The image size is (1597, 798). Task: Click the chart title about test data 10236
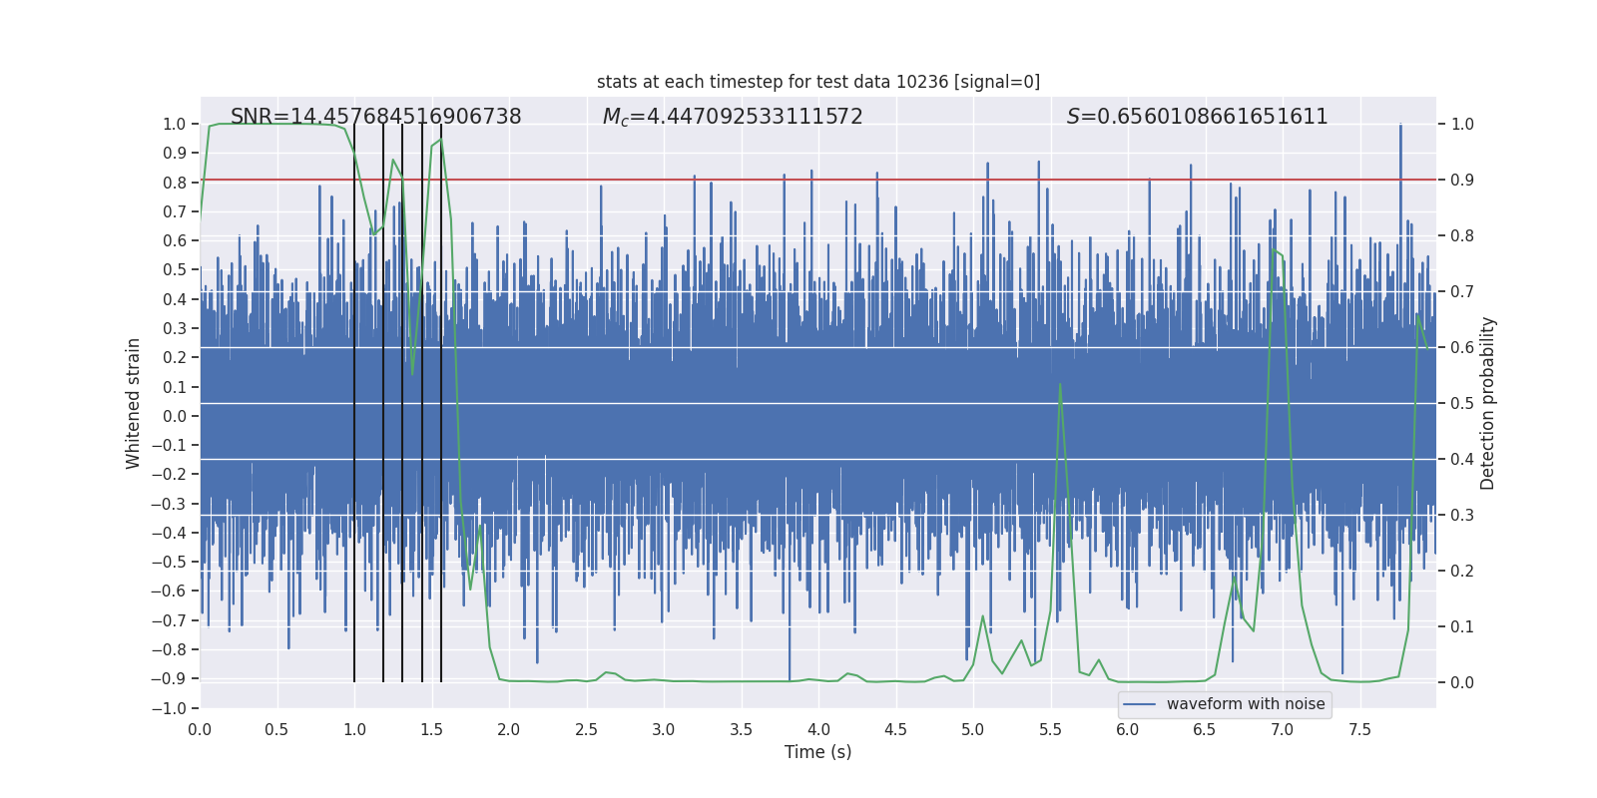[818, 82]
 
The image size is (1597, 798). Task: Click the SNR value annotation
[375, 117]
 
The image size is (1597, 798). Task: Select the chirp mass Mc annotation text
[733, 117]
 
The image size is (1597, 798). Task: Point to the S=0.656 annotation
[1197, 117]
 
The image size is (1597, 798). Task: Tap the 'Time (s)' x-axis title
[817, 752]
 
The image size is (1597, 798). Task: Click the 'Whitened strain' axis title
[134, 403]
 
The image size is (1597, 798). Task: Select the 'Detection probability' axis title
[1488, 403]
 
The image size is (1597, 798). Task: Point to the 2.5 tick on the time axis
[586, 729]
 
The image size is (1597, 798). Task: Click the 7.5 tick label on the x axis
[1359, 729]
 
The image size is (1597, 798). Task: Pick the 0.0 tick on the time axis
[200, 729]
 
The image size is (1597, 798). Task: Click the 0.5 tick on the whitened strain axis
[175, 270]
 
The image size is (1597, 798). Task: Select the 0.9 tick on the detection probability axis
[1462, 181]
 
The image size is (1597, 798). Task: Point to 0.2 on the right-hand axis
[1462, 572]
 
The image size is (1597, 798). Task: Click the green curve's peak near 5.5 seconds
[1060, 385]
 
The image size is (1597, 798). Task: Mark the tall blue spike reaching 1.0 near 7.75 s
[1400, 128]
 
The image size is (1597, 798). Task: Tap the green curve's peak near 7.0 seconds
[1274, 250]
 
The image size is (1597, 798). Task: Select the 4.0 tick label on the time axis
[818, 729]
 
